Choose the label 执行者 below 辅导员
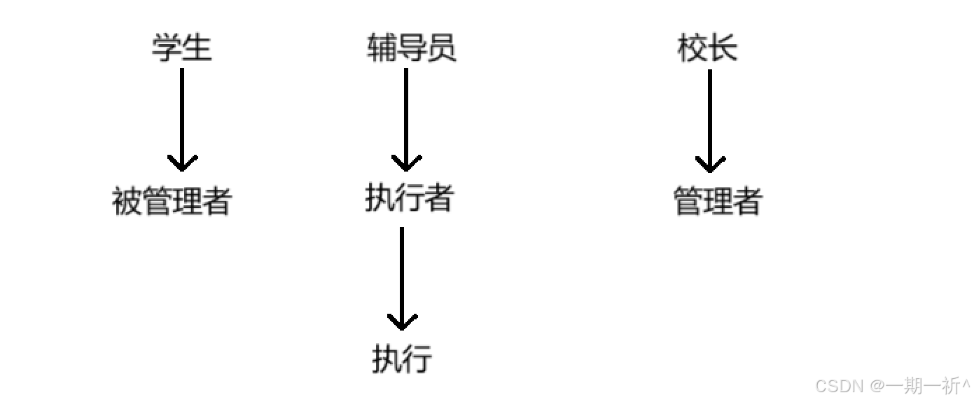tap(409, 199)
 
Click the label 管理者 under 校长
tap(718, 202)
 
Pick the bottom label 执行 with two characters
tap(402, 359)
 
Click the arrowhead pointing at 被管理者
tap(182, 164)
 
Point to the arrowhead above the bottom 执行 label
tap(402, 323)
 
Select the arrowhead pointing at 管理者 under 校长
tap(710, 165)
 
